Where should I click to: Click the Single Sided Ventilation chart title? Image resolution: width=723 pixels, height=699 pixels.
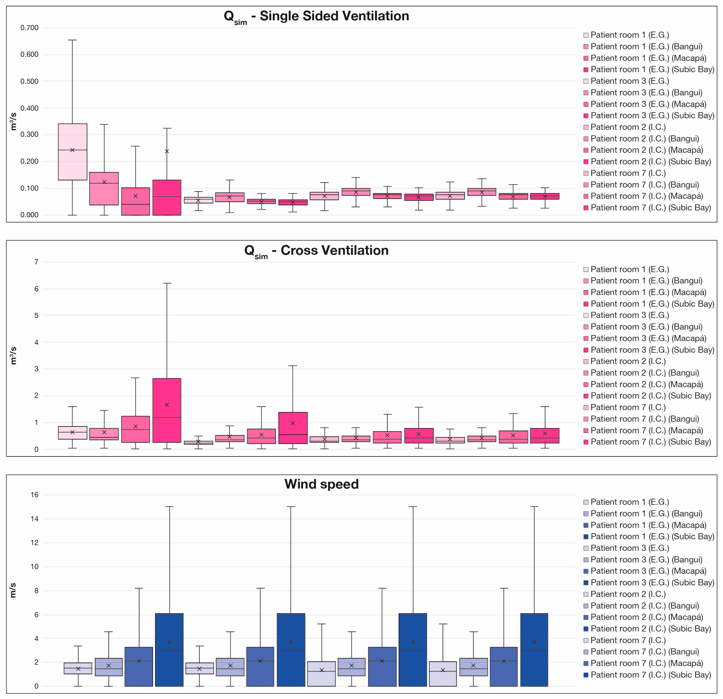point(316,17)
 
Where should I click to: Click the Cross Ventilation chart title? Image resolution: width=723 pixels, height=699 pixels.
point(316,251)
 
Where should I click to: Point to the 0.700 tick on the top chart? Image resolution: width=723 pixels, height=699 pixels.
point(29,28)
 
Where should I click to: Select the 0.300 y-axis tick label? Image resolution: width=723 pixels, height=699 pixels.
point(29,134)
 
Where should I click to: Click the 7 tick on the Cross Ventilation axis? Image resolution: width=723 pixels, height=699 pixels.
point(36,262)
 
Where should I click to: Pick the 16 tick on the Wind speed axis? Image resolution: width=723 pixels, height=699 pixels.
point(34,495)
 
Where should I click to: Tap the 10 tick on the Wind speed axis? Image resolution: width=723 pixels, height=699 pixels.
point(34,567)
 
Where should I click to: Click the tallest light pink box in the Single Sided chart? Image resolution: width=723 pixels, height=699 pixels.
point(73,152)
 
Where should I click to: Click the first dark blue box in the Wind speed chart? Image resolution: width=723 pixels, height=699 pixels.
point(169,650)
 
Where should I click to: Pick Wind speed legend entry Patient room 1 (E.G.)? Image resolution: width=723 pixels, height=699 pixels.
point(626,502)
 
